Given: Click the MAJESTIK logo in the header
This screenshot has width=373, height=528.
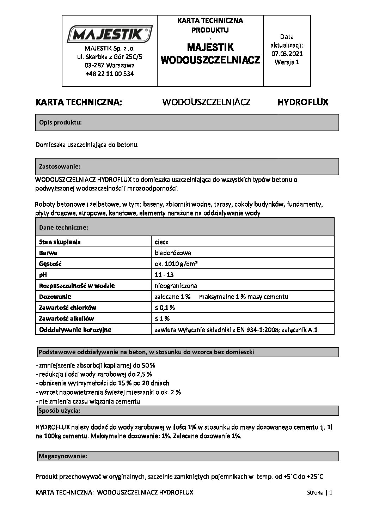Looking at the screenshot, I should pyautogui.click(x=109, y=35).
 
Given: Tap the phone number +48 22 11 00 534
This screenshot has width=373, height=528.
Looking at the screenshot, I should pyautogui.click(x=109, y=74).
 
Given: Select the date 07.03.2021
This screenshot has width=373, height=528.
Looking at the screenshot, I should pyautogui.click(x=287, y=53).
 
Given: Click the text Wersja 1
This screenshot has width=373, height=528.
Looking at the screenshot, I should pyautogui.click(x=287, y=62).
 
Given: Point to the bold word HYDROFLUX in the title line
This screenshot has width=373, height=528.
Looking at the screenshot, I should pyautogui.click(x=303, y=102).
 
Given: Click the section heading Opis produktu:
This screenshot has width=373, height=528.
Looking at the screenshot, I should pyautogui.click(x=60, y=122).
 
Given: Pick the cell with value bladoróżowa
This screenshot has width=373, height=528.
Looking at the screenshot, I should pyautogui.click(x=173, y=253).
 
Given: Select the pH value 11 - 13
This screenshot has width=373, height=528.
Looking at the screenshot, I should pyautogui.click(x=164, y=274).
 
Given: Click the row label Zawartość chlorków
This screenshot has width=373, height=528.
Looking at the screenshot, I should pyautogui.click(x=68, y=307).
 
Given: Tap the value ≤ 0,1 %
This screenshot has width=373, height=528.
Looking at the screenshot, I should pyautogui.click(x=165, y=307).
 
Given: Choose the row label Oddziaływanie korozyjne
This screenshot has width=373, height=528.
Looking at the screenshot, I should pyautogui.click(x=75, y=329).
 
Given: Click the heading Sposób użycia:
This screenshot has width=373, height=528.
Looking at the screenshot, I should pyautogui.click(x=59, y=411).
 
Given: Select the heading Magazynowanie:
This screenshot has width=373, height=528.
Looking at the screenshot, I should pyautogui.click(x=62, y=456).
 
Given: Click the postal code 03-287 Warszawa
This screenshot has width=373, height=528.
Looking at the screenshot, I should pyautogui.click(x=109, y=65).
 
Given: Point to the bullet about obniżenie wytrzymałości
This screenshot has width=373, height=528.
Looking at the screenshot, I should pyautogui.click(x=103, y=383).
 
